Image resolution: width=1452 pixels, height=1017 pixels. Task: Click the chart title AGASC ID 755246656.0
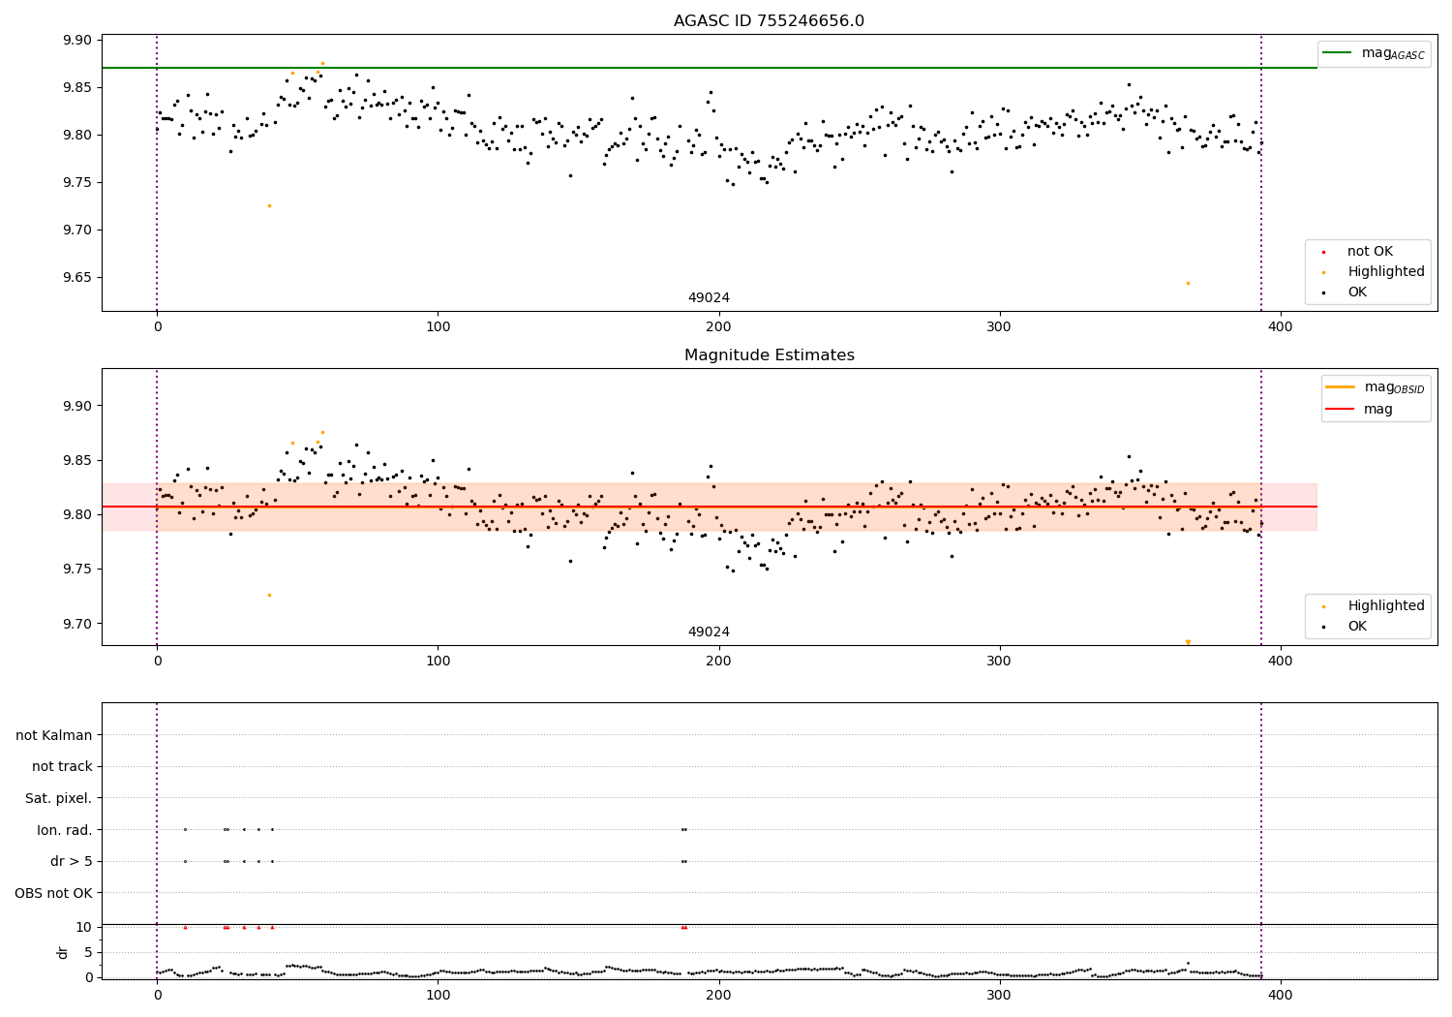coord(769,21)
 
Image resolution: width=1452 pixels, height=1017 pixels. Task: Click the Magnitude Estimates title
coord(769,355)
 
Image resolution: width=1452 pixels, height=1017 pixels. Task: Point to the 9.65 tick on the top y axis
coord(77,277)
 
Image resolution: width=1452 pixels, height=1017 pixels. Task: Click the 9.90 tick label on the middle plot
coord(77,406)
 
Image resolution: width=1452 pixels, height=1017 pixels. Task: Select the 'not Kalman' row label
coord(54,735)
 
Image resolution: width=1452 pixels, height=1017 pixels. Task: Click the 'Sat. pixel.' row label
coord(59,798)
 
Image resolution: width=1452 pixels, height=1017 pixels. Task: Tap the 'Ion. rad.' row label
coord(65,830)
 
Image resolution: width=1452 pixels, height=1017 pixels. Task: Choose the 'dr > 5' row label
coord(72,861)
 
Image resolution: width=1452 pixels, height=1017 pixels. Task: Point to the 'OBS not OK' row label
coord(54,893)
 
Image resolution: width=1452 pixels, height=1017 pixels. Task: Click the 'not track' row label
coord(62,766)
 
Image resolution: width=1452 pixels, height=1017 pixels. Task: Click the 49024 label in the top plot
coord(709,297)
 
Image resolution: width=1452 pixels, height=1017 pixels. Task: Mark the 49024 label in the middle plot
coord(709,632)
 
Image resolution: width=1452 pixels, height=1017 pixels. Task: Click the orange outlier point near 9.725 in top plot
coord(269,205)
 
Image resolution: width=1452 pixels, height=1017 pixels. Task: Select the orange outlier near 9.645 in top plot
coord(1188,283)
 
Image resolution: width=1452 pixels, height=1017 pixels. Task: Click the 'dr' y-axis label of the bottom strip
coord(63,952)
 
